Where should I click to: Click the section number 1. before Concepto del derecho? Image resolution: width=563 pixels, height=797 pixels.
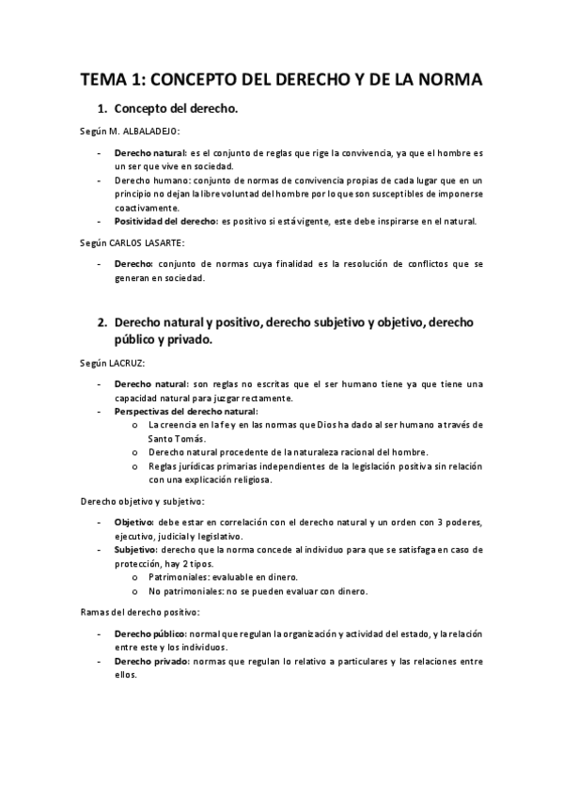tap(104, 110)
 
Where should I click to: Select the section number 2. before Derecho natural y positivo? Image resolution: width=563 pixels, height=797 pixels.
tap(104, 322)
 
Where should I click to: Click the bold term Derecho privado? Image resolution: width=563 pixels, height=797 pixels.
tap(150, 661)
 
